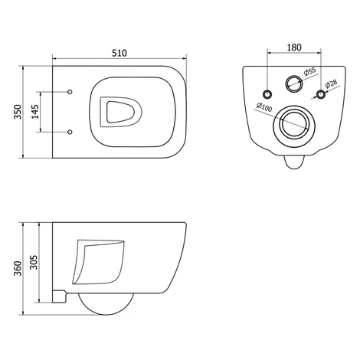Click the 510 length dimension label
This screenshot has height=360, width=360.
(x=119, y=53)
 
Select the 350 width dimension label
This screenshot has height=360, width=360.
(x=18, y=112)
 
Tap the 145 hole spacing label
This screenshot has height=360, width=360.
(x=35, y=112)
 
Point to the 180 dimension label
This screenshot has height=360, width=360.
(x=294, y=47)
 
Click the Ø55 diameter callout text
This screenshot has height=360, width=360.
(x=310, y=72)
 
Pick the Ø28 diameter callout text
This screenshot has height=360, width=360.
(x=331, y=83)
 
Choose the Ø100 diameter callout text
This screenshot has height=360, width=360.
(x=264, y=107)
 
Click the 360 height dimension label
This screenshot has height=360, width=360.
(x=18, y=268)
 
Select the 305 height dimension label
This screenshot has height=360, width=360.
(x=34, y=262)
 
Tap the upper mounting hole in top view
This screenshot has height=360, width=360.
(x=70, y=92)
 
